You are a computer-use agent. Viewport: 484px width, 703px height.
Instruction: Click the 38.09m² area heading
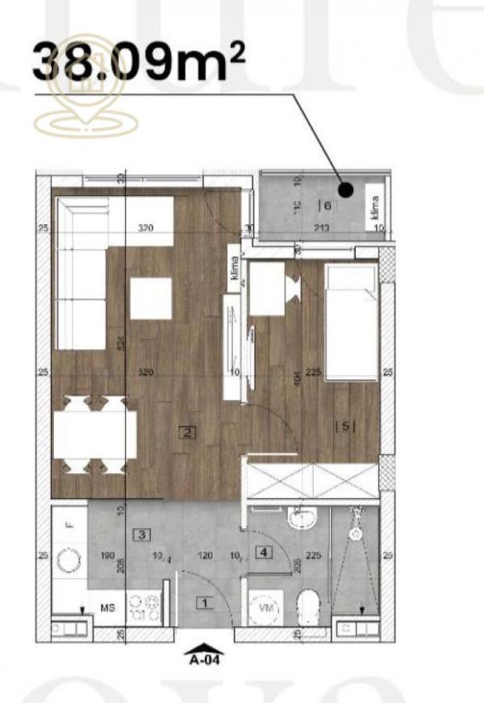tap(137, 60)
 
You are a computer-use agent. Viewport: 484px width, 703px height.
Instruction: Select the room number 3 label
tap(141, 534)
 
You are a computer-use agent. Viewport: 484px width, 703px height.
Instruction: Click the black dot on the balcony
tap(345, 190)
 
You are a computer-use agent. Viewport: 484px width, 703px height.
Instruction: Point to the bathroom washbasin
tap(304, 518)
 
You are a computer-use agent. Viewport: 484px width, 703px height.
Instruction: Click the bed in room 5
tap(351, 322)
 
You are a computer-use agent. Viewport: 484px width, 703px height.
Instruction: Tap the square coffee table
tap(152, 297)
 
